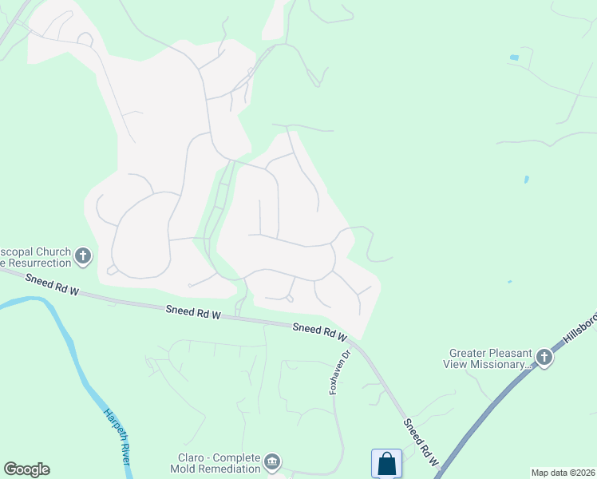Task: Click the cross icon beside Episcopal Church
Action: click(x=83, y=256)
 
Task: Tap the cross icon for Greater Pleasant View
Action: click(x=544, y=357)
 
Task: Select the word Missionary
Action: click(x=500, y=364)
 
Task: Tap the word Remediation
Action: click(x=227, y=470)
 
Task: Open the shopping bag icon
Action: click(x=386, y=463)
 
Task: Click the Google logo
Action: click(x=26, y=469)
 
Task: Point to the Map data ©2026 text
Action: click(x=563, y=473)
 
